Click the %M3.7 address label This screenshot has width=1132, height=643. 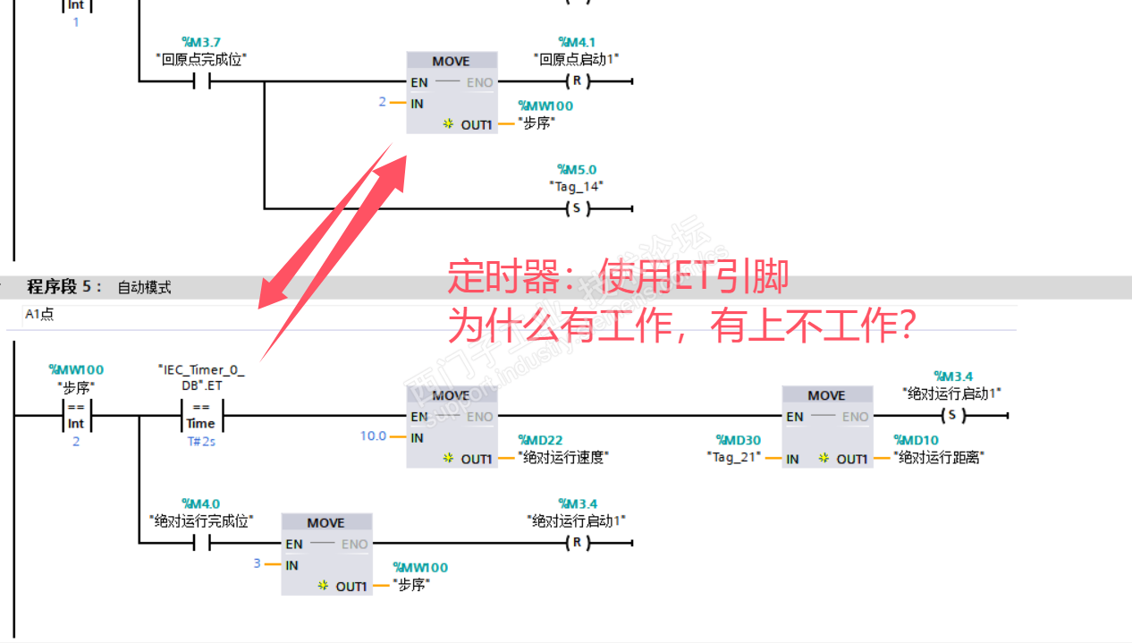tap(201, 42)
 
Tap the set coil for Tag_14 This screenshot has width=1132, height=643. tap(577, 209)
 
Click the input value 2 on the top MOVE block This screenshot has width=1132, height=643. tap(383, 102)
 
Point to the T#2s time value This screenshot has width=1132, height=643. tap(201, 442)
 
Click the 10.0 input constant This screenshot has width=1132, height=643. tap(373, 436)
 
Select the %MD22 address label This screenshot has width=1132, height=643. tap(540, 440)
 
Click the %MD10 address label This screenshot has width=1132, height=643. tap(916, 440)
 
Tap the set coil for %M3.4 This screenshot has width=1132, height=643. tap(952, 416)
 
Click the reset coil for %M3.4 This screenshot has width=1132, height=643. tap(577, 544)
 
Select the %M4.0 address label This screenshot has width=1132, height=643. tap(201, 503)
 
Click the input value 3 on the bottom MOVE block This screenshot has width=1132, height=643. tap(258, 563)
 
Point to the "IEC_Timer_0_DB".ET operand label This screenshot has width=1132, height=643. tap(201, 376)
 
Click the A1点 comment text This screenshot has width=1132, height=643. tap(40, 315)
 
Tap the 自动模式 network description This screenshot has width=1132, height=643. tap(144, 288)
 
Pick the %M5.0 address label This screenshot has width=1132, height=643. tap(577, 169)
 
